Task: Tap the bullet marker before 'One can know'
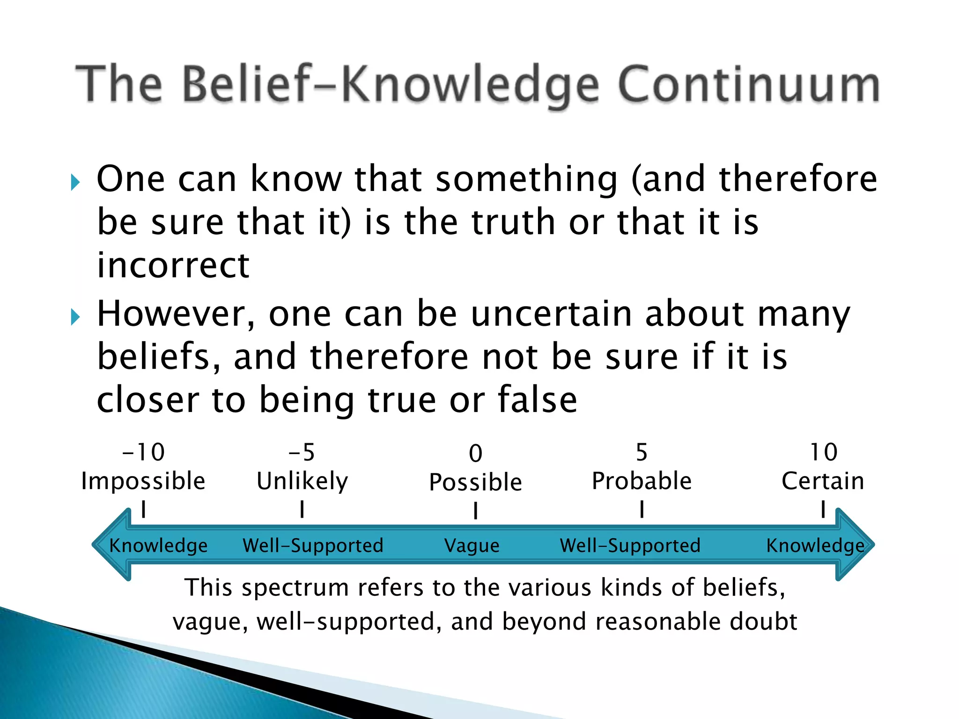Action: pos(75,182)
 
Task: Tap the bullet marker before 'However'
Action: pos(75,317)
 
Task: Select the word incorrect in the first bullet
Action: pos(173,265)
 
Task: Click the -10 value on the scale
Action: pos(143,452)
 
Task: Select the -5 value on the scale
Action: pos(302,452)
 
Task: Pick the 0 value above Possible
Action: pos(475,453)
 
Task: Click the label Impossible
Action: pos(143,481)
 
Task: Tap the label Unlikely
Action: pos(302,481)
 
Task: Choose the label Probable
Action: pos(642,481)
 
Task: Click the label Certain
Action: pos(823,481)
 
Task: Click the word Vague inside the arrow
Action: pos(472,545)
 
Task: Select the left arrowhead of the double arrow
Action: pos(110,544)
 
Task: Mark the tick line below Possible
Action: pos(475,510)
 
